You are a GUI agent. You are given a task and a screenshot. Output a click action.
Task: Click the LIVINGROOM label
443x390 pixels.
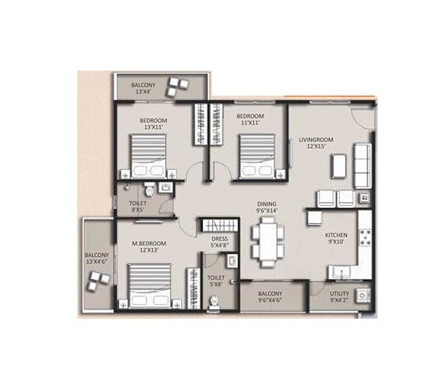coord(316,138)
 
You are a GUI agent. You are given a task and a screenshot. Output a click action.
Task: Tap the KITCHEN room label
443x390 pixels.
coord(336,235)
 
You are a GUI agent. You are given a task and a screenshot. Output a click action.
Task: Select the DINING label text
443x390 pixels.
coord(266,203)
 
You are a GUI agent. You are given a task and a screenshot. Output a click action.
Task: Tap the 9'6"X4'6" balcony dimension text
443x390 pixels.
coord(270,300)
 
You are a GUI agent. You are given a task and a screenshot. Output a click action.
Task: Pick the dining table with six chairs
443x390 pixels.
coord(268,243)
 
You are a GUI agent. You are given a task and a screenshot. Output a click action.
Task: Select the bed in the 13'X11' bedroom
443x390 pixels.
coord(151,155)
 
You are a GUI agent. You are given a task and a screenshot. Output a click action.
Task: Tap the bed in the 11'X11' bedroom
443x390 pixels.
coord(258,155)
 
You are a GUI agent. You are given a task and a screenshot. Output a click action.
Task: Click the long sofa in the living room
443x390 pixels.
coord(361,166)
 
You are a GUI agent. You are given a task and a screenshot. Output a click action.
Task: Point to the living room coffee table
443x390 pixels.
coord(339,166)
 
